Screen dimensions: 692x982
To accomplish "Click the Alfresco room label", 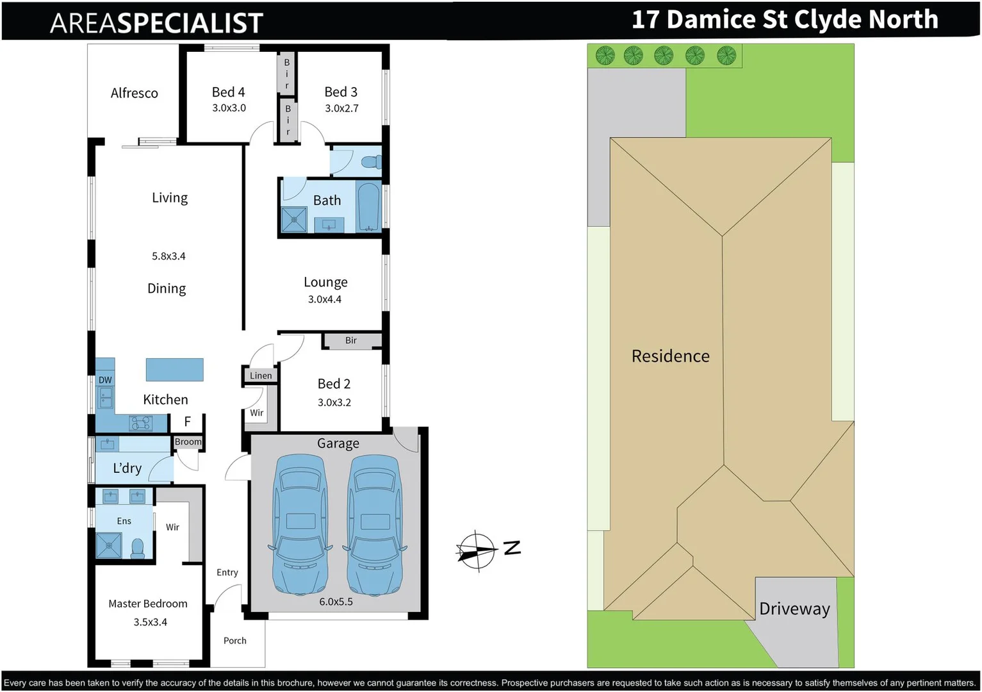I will (134, 94).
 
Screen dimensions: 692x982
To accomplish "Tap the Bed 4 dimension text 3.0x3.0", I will (229, 108).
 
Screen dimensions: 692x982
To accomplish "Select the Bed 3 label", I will (341, 92).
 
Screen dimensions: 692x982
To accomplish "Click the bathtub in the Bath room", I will (368, 206).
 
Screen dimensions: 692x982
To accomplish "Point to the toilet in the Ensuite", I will (138, 548).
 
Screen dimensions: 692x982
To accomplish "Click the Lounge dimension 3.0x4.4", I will (325, 299).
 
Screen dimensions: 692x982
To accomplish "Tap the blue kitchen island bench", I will (174, 370).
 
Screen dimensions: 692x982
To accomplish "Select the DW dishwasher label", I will (105, 380).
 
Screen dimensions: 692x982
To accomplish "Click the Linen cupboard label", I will (261, 375).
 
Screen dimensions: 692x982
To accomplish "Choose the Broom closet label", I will (188, 442).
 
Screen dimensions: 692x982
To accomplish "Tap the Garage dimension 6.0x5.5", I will (336, 602).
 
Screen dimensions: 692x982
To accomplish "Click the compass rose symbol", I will (477, 550).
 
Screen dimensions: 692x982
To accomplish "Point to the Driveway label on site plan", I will (794, 609).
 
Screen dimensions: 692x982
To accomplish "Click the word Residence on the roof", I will (670, 356).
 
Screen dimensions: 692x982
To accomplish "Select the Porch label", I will (235, 641).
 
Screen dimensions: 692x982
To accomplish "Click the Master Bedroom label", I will (148, 604).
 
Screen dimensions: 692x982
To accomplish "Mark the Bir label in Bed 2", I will (351, 340).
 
